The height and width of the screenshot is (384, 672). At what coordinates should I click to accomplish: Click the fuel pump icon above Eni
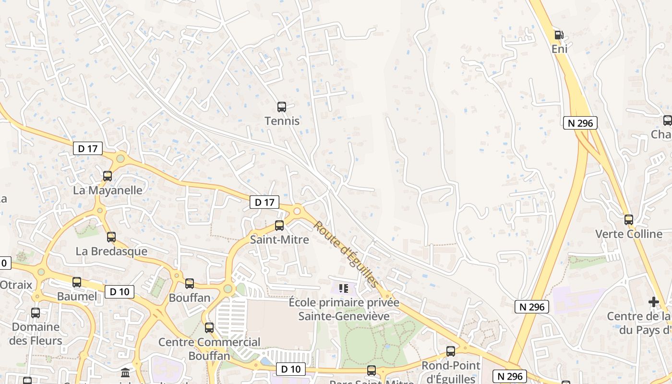[x=559, y=35]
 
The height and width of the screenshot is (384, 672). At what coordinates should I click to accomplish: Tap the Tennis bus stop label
[x=282, y=121]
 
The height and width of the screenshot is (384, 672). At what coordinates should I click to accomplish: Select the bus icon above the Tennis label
[x=282, y=107]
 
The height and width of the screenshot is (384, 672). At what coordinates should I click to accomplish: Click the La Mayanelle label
[x=108, y=190]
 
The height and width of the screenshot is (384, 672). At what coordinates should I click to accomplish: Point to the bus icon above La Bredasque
[x=111, y=237]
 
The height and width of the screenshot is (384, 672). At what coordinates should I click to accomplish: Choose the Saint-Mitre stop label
[x=279, y=239]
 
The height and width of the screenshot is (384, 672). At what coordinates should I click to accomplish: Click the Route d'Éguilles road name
[x=346, y=254]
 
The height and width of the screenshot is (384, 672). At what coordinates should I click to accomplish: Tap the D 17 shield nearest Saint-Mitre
[x=264, y=203]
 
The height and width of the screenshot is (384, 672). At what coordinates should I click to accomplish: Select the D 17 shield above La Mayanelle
[x=88, y=149]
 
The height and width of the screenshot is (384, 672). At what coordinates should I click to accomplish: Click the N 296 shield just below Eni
[x=580, y=123]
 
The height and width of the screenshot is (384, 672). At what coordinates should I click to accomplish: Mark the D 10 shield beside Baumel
[x=120, y=291]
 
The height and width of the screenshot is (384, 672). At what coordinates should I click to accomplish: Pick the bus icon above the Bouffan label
[x=190, y=284]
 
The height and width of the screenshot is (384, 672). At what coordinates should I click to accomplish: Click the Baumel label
[x=77, y=296]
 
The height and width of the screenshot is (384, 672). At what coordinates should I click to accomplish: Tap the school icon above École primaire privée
[x=344, y=288]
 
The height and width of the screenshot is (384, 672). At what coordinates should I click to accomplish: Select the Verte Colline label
[x=629, y=234]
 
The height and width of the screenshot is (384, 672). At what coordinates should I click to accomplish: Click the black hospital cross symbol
[x=654, y=302]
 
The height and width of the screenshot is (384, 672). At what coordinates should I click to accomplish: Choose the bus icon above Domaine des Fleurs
[x=36, y=313]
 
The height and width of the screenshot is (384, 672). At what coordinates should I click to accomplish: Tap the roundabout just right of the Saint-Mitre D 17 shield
[x=297, y=211]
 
